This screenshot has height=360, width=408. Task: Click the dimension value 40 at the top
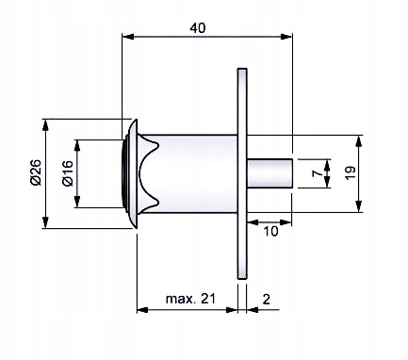(198, 28)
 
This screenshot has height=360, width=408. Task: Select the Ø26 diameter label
(36, 172)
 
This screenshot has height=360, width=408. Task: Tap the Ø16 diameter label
(68, 173)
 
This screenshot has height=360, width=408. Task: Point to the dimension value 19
(351, 172)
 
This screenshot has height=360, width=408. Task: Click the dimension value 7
(318, 173)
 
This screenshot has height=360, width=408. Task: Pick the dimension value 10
(270, 232)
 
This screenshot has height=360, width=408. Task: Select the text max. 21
(191, 299)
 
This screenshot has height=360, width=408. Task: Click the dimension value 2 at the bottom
(266, 300)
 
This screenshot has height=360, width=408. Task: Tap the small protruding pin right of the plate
(270, 173)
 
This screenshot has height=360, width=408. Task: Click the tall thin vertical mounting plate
(242, 173)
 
